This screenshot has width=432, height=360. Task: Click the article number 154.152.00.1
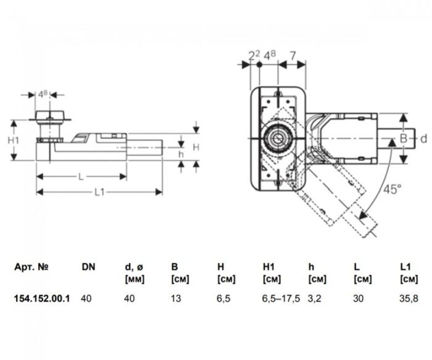41,298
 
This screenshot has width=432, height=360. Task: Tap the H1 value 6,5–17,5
281,298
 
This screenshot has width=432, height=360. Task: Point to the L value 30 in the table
359,298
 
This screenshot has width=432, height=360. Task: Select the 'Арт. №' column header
30,267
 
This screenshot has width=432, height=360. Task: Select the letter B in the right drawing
403,139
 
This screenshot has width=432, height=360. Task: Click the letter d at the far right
423,139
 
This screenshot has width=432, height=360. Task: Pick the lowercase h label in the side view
181,154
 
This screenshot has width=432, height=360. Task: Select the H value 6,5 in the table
224,298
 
